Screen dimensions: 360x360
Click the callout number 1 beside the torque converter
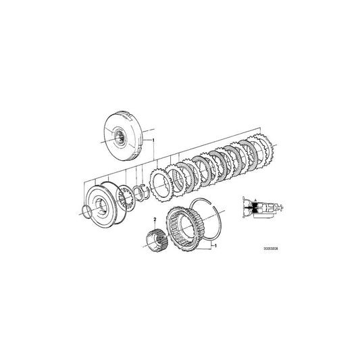click(154, 140)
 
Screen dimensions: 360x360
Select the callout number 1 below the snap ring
click(215, 247)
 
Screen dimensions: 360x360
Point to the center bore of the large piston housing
click(101, 205)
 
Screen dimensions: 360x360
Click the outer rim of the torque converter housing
click(108, 125)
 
